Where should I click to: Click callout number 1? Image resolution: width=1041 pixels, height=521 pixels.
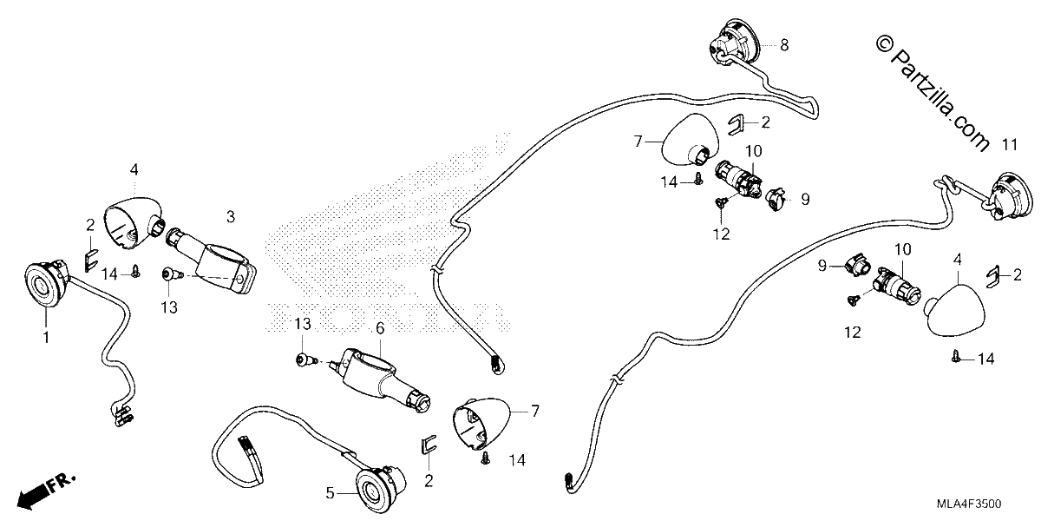pyautogui.click(x=46, y=337)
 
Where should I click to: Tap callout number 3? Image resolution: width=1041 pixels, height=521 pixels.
pyautogui.click(x=231, y=217)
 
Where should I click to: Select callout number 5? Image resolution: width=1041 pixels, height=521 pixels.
pyautogui.click(x=330, y=493)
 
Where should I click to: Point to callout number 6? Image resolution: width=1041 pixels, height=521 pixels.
pyautogui.click(x=380, y=328)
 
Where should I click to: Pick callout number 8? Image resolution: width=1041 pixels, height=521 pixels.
pyautogui.click(x=784, y=45)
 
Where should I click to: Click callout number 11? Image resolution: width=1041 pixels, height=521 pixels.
pyautogui.click(x=1010, y=145)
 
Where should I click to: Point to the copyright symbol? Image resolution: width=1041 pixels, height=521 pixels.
pyautogui.click(x=884, y=44)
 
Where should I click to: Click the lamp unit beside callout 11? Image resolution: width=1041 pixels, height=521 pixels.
pyautogui.click(x=1012, y=197)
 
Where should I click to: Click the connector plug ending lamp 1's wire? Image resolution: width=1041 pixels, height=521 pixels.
pyautogui.click(x=121, y=415)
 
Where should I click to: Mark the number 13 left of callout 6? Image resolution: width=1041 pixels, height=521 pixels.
pyautogui.click(x=303, y=324)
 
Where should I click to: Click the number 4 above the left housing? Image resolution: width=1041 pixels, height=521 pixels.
pyautogui.click(x=134, y=170)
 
